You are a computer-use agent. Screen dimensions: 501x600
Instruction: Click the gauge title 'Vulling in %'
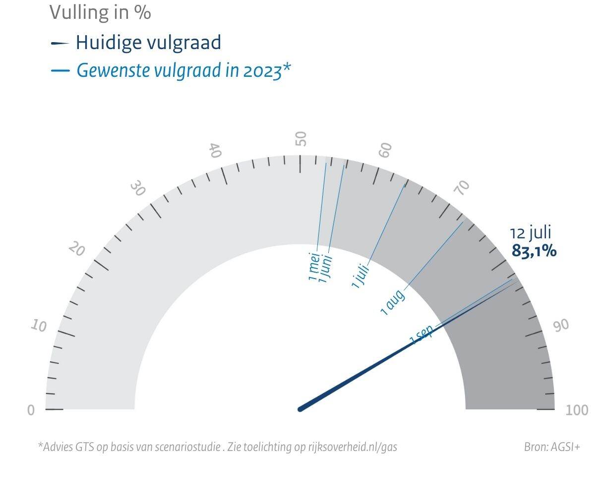pos(100,12)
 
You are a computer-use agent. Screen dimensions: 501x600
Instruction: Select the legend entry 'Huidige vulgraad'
pos(148,43)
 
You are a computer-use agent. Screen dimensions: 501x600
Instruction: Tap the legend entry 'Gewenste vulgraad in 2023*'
pos(183,70)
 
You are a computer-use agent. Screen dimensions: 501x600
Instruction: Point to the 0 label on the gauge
pos(31,410)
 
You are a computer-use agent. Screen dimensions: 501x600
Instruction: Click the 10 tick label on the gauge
pos(39,326)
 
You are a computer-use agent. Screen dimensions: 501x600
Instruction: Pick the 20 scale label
pos(76,249)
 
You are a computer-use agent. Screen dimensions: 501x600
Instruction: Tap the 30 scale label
pos(138,189)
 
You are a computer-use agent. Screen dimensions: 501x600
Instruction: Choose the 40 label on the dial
pos(215,150)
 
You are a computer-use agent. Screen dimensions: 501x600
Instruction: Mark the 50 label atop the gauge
pos(301,139)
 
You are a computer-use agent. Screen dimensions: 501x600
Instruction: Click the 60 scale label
pos(386,150)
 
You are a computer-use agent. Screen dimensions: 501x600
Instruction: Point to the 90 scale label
pos(561,326)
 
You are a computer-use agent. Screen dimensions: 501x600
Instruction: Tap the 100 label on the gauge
pos(577,410)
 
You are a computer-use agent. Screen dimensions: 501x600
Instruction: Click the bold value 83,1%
pos(534,251)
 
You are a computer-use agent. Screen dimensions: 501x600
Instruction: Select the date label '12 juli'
pos(531,232)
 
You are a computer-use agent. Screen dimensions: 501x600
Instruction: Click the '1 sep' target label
pos(421,334)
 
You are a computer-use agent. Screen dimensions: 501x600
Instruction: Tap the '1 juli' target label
pos(360,277)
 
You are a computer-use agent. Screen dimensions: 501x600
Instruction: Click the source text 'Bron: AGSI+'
pos(552,447)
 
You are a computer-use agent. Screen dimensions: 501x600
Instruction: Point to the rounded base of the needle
pos(300,409)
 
